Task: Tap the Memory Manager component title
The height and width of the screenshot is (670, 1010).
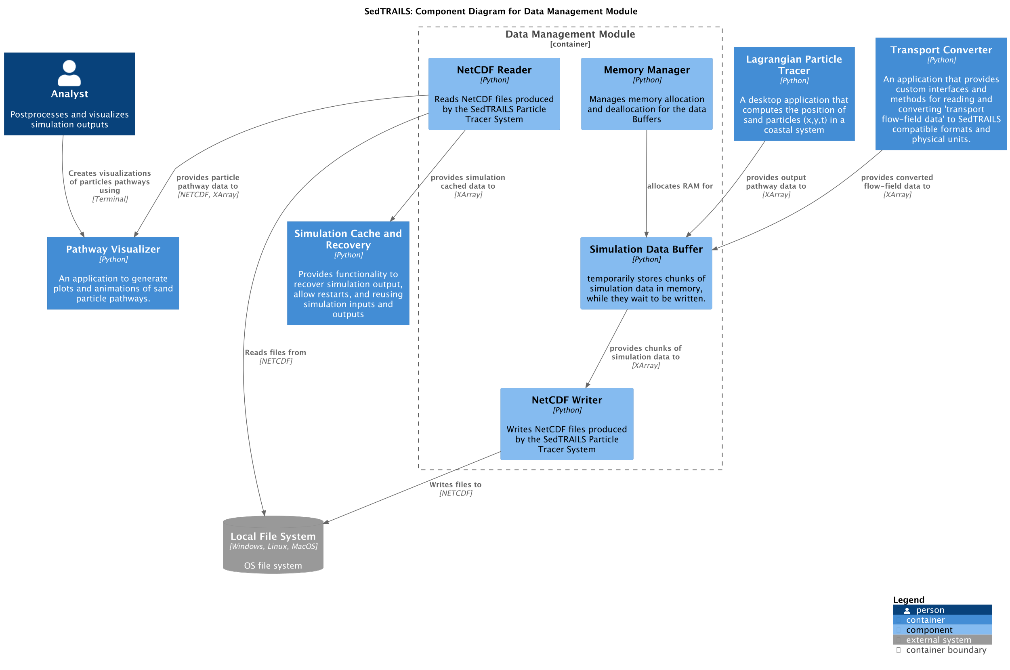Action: [646, 70]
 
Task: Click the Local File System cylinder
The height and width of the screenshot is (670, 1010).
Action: [273, 544]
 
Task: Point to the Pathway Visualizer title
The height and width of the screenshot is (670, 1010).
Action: [113, 249]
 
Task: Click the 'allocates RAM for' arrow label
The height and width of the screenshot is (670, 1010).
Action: [679, 186]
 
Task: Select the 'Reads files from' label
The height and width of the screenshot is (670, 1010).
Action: [275, 352]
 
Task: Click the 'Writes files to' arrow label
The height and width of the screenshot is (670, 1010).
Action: [455, 485]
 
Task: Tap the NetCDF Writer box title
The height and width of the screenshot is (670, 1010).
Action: [566, 400]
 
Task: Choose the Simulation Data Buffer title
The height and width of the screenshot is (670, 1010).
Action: [646, 249]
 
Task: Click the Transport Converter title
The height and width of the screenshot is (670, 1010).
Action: [941, 50]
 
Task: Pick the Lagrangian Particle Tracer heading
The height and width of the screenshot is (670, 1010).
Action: [794, 65]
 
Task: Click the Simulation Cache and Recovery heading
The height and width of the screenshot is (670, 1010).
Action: [348, 239]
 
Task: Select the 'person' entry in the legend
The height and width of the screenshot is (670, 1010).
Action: [930, 610]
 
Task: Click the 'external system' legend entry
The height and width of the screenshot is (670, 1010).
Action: [938, 640]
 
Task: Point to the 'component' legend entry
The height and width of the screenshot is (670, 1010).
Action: [928, 630]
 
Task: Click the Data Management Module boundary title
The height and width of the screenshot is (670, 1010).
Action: [570, 34]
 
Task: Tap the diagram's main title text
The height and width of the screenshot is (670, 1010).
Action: [500, 11]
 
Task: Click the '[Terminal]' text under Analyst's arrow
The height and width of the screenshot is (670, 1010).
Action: [110, 199]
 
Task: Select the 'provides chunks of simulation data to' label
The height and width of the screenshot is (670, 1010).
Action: [645, 352]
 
